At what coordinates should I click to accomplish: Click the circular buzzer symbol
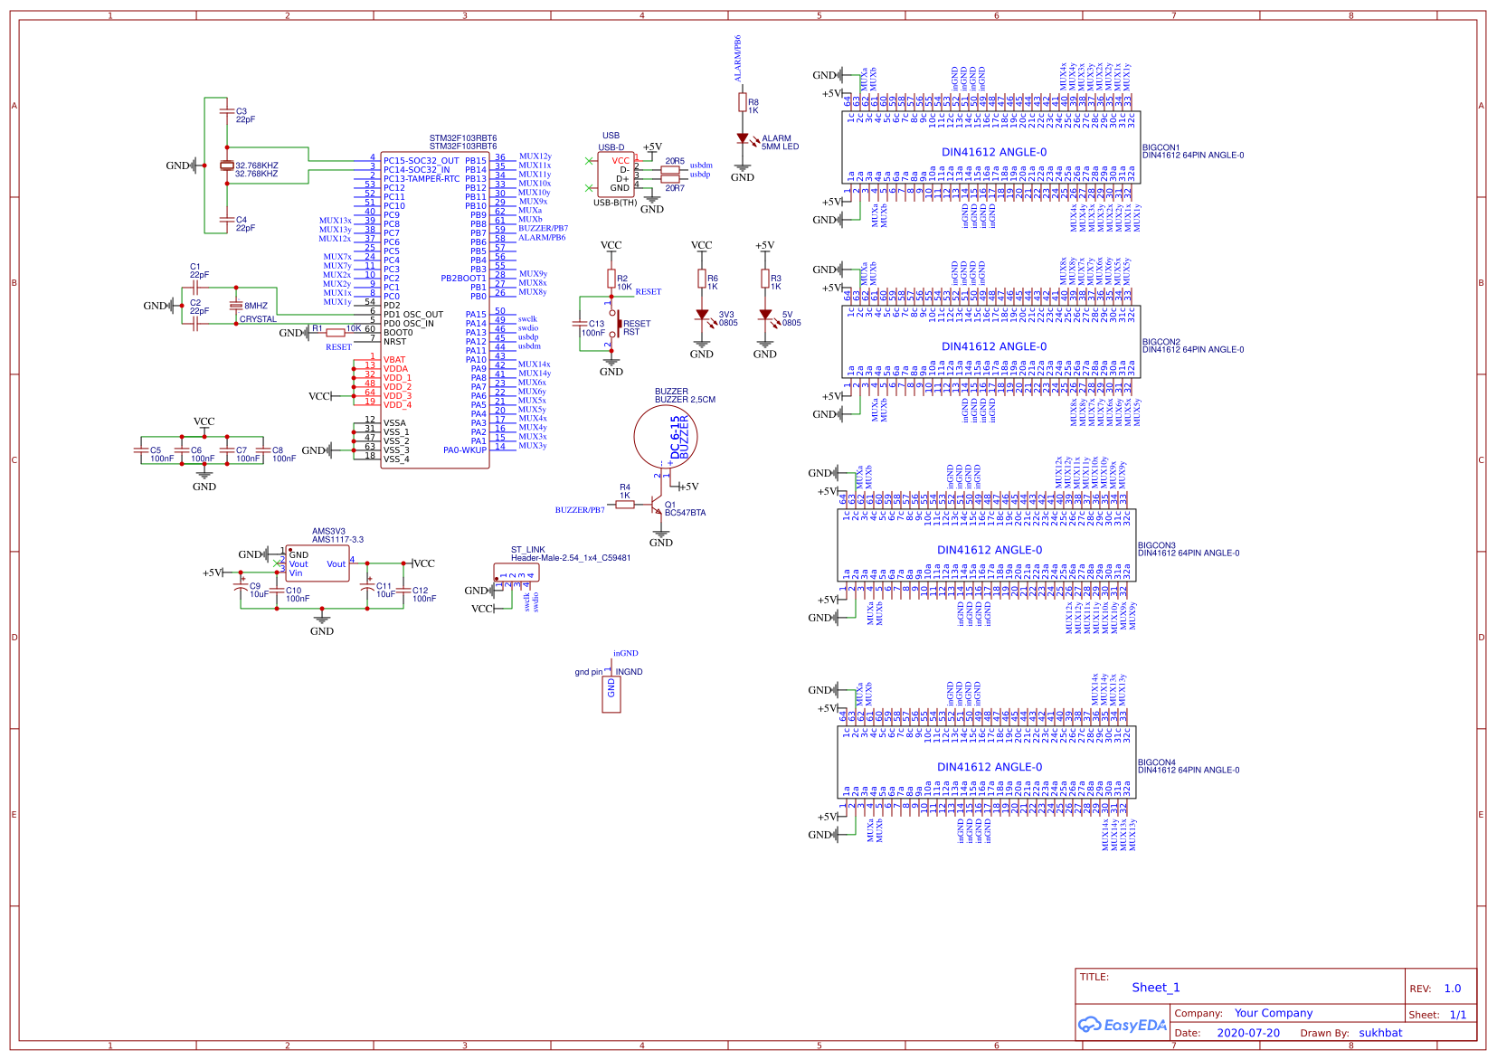click(x=666, y=437)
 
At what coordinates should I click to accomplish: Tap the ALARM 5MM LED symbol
click(x=743, y=139)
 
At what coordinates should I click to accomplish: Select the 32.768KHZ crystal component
click(x=226, y=166)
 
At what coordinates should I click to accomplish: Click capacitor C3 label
click(x=242, y=111)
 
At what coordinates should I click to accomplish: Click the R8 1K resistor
click(x=743, y=104)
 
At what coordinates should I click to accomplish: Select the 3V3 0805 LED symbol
click(x=702, y=316)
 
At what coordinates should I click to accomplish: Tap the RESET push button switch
click(x=615, y=324)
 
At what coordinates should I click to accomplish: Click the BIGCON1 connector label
click(x=1161, y=147)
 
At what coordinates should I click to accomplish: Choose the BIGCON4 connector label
click(x=1156, y=762)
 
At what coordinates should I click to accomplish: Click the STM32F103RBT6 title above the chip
click(x=462, y=139)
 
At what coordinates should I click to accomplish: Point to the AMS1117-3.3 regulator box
click(x=317, y=563)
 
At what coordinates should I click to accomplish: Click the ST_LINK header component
click(x=516, y=573)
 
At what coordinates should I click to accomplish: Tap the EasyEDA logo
click(x=1122, y=1025)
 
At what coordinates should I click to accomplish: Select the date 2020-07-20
click(x=1247, y=1033)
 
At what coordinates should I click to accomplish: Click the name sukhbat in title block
click(x=1379, y=1033)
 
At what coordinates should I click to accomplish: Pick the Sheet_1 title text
click(x=1155, y=988)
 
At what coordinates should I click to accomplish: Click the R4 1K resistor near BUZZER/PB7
click(x=625, y=504)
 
